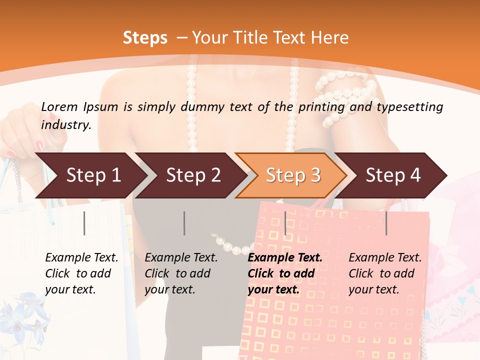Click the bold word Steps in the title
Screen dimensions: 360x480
(145, 38)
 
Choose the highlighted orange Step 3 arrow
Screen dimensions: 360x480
(292, 175)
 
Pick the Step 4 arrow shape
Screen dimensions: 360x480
(393, 175)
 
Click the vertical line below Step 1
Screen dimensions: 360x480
(84, 223)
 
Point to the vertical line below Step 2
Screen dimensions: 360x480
(184, 223)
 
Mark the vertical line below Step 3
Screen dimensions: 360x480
(285, 223)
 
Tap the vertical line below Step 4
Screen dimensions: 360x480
(386, 223)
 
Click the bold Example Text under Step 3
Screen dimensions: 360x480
(285, 258)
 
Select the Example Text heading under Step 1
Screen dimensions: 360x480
(81, 258)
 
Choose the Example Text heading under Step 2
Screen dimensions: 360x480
(181, 258)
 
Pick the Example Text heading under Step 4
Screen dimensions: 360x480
(385, 258)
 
